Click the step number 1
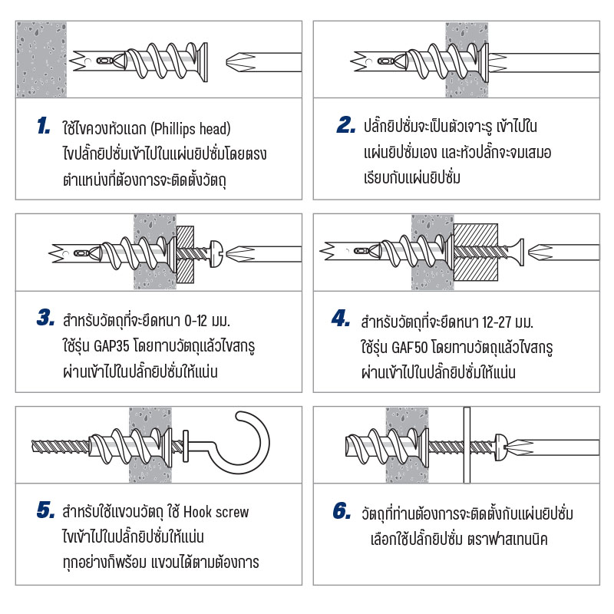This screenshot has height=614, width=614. (44, 126)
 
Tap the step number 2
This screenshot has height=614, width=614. (346, 124)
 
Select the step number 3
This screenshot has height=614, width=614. (45, 318)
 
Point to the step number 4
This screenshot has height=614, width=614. (341, 318)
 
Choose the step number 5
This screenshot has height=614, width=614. (45, 510)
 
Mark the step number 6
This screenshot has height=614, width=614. (342, 511)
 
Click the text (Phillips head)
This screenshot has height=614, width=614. (190, 129)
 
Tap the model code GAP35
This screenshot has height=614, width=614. (111, 346)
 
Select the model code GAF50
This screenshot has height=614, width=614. (410, 347)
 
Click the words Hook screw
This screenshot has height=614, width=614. (216, 512)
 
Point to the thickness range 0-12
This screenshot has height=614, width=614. (196, 321)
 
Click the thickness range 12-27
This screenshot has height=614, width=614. (497, 322)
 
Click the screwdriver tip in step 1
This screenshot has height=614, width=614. (239, 62)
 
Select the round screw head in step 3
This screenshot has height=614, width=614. (216, 254)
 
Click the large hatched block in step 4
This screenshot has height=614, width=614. (476, 253)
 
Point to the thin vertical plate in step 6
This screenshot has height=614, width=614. (467, 445)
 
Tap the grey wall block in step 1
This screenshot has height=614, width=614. (41, 60)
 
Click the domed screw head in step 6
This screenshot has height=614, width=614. (501, 447)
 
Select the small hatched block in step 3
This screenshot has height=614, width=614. (185, 255)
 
